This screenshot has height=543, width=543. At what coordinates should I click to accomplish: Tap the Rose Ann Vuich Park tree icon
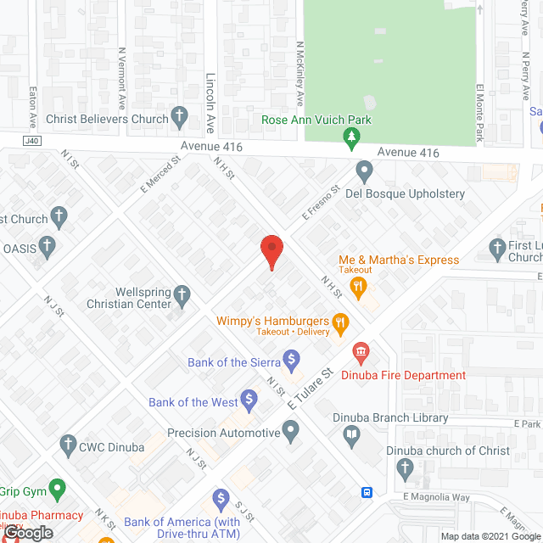[x=349, y=137]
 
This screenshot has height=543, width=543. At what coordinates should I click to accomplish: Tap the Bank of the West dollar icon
[x=249, y=398]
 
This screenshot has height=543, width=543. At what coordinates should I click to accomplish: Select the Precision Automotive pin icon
[x=291, y=433]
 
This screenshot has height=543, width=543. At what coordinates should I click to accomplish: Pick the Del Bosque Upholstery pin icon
[x=365, y=172]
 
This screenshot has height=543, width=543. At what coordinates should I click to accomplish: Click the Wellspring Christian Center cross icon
[x=182, y=295]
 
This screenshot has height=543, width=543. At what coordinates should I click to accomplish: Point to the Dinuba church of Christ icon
[x=406, y=467]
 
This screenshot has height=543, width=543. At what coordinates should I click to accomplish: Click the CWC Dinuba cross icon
[x=68, y=444]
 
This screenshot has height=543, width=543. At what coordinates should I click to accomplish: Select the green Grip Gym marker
[x=57, y=490]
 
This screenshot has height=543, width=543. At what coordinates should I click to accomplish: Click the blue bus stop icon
[x=367, y=492]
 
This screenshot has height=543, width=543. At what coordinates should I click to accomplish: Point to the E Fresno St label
[x=320, y=202]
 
